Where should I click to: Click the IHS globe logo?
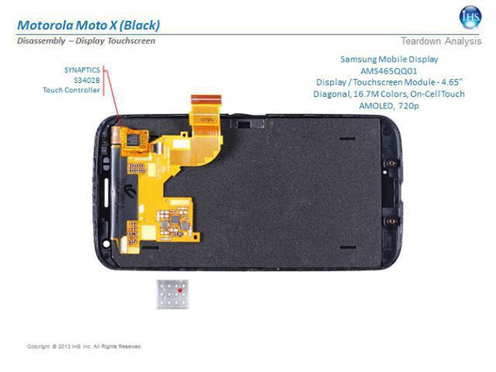click(470, 17)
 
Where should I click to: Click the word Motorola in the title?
click(45, 26)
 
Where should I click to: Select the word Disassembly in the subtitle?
click(41, 41)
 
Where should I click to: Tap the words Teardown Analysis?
click(441, 41)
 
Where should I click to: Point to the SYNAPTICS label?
click(82, 70)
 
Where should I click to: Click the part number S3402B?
click(87, 80)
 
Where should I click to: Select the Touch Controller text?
click(71, 90)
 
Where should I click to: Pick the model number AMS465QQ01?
click(389, 71)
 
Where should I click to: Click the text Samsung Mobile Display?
click(389, 59)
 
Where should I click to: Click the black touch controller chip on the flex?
click(133, 139)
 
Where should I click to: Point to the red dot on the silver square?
click(180, 291)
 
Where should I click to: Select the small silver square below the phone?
click(172, 294)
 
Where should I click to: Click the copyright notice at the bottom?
click(84, 346)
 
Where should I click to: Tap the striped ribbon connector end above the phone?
click(206, 99)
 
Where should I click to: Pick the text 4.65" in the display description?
click(452, 82)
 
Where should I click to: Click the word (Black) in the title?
click(139, 26)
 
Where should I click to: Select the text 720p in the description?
click(408, 105)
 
